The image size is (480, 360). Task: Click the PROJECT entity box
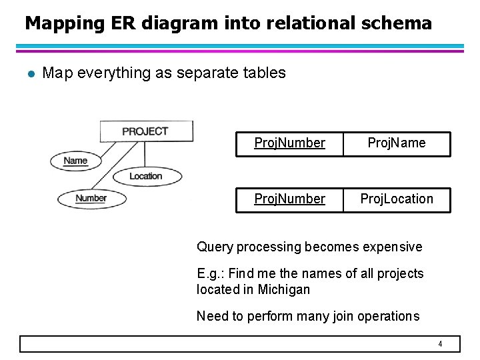[145, 131]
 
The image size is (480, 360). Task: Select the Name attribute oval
[76, 161]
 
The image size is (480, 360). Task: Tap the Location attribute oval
[146, 176]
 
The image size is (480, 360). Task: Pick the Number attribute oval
[91, 199]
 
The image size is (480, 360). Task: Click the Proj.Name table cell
[397, 143]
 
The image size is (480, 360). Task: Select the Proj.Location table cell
[397, 199]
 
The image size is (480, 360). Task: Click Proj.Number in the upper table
[289, 143]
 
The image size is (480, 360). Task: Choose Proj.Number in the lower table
[289, 199]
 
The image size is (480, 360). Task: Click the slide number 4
[440, 344]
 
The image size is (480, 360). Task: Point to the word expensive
[392, 247]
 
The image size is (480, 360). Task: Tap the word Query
[214, 247]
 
